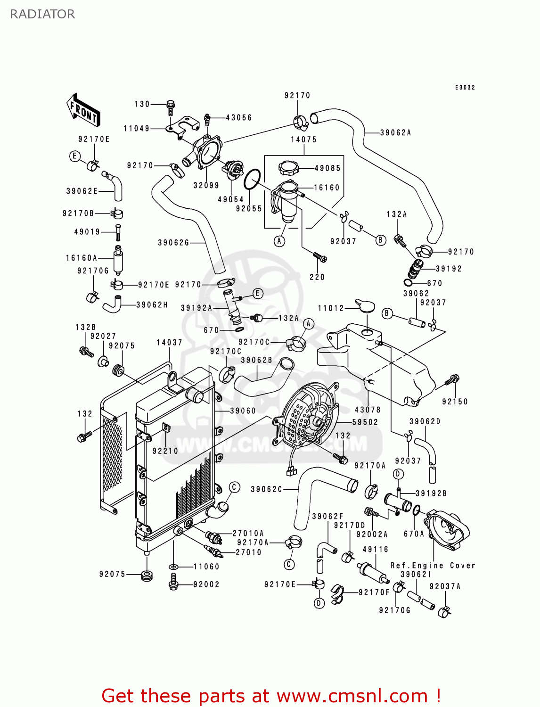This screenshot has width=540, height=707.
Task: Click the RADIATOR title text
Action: (42, 14)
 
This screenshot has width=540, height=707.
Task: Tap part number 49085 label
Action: (327, 168)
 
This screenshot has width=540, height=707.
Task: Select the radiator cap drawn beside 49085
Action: (288, 168)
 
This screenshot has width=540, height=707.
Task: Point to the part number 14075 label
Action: (303, 140)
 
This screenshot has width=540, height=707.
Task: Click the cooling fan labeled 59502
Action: (307, 415)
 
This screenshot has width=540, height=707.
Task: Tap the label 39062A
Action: (395, 133)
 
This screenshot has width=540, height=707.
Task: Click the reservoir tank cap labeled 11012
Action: (364, 305)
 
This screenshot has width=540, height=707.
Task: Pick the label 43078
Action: (368, 410)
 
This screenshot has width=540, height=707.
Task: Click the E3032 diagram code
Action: (465, 88)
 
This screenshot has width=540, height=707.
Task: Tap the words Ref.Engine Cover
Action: (433, 565)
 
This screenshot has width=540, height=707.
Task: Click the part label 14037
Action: (169, 343)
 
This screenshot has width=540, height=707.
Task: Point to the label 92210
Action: (165, 451)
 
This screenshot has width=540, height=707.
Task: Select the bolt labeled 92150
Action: (452, 379)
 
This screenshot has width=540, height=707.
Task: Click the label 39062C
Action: (266, 489)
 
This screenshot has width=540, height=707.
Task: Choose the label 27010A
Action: (248, 534)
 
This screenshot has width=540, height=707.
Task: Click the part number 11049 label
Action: (136, 128)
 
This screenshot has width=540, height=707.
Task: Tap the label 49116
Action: (375, 550)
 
